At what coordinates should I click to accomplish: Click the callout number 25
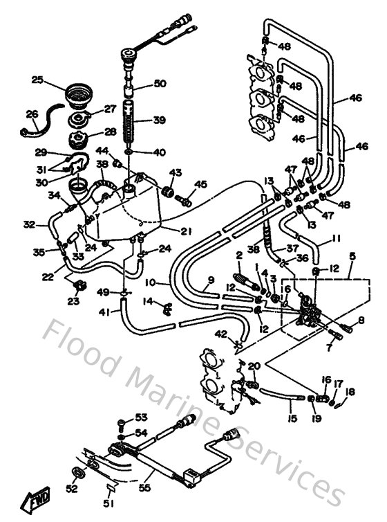pos(37,80)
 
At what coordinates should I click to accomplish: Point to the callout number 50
pos(160,84)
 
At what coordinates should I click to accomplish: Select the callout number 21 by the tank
pos(186,231)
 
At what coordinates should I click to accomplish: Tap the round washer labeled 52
pos(79,473)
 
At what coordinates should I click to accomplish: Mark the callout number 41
pos(104,312)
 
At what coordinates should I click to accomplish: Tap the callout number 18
pos(351,392)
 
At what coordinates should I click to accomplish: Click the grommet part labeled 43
pos(167,190)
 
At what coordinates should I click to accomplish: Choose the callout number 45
pos(200,183)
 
